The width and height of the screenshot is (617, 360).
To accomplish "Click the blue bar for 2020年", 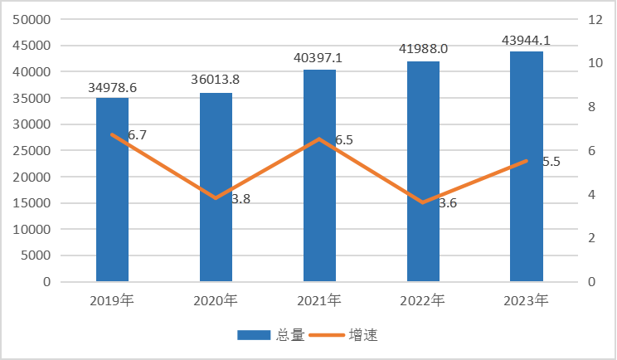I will click(x=216, y=187).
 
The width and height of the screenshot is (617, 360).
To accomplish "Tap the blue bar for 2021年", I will click(x=319, y=175).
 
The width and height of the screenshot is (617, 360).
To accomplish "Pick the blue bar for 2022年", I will click(x=423, y=171).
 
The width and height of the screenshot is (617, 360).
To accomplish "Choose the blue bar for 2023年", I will click(x=527, y=166).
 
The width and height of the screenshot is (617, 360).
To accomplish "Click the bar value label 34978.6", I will click(x=113, y=87).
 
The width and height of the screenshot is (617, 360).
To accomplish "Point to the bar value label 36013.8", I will click(x=216, y=80).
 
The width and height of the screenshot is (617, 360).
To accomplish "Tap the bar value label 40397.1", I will click(x=319, y=58).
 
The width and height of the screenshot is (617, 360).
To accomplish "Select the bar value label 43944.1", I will click(x=527, y=40).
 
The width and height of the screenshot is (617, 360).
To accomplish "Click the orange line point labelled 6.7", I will click(x=112, y=134).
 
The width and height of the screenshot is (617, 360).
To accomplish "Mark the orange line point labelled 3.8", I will click(x=216, y=198).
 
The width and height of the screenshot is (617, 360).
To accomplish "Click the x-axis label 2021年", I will click(x=319, y=299).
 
